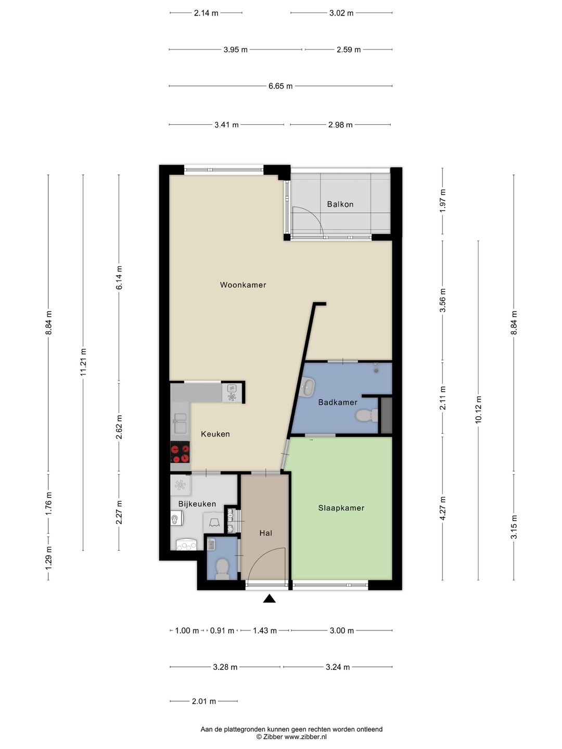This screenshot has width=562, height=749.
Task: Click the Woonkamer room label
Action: click(x=242, y=285)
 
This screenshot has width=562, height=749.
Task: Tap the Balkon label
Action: click(x=340, y=204)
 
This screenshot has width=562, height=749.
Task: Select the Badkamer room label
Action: click(x=338, y=402)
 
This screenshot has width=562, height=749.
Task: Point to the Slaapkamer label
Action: click(x=341, y=508)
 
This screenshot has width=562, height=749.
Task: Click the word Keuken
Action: click(x=215, y=434)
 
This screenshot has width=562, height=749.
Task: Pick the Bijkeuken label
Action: click(x=197, y=503)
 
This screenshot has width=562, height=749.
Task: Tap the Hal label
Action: click(x=265, y=533)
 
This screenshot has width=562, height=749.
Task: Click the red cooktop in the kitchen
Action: click(x=180, y=452)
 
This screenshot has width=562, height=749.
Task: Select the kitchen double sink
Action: click(x=180, y=422)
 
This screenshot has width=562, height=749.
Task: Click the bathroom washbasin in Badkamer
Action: click(x=308, y=387)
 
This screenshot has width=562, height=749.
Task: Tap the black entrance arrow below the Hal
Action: click(x=269, y=598)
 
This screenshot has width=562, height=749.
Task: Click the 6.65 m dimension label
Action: click(x=280, y=86)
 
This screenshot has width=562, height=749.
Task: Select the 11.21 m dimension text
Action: click(x=83, y=362)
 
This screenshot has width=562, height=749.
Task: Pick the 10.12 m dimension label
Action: click(x=478, y=409)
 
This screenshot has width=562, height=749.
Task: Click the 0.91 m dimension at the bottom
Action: click(x=222, y=630)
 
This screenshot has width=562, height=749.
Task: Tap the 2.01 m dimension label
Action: click(x=203, y=701)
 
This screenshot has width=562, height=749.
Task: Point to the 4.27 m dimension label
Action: click(x=443, y=508)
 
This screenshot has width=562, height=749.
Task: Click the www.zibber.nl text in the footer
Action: click(x=306, y=737)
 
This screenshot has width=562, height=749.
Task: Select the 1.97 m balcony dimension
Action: click(x=443, y=200)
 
